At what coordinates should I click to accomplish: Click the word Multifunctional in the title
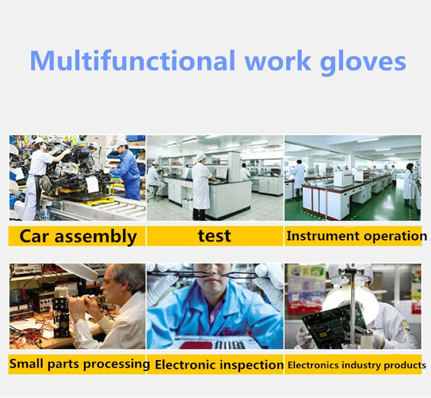coord(132,61)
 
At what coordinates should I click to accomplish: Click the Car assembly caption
coord(78,236)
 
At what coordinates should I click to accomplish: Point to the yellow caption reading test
coord(214,236)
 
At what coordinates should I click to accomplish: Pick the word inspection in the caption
coord(252,365)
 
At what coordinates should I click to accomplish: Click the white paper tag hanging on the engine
coord(92,184)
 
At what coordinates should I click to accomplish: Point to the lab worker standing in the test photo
coord(202,184)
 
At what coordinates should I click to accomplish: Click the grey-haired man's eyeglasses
coord(109,282)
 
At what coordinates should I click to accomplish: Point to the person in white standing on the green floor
coord(409,183)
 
